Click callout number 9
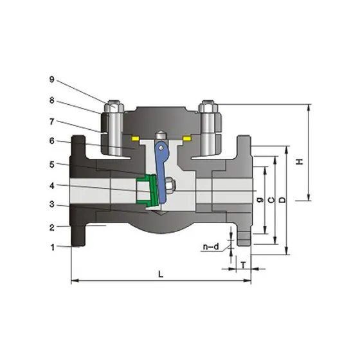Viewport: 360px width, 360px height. [52, 79]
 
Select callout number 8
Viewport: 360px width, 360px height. [52, 100]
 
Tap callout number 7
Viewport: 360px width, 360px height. [52, 122]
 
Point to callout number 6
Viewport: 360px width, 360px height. [52, 141]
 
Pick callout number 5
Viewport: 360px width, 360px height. [52, 165]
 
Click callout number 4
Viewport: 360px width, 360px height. [52, 186]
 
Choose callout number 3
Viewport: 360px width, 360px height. [52, 204]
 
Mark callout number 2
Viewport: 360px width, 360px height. [52, 228]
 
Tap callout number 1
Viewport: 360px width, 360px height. [53, 248]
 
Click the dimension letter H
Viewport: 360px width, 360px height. [300, 161]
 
